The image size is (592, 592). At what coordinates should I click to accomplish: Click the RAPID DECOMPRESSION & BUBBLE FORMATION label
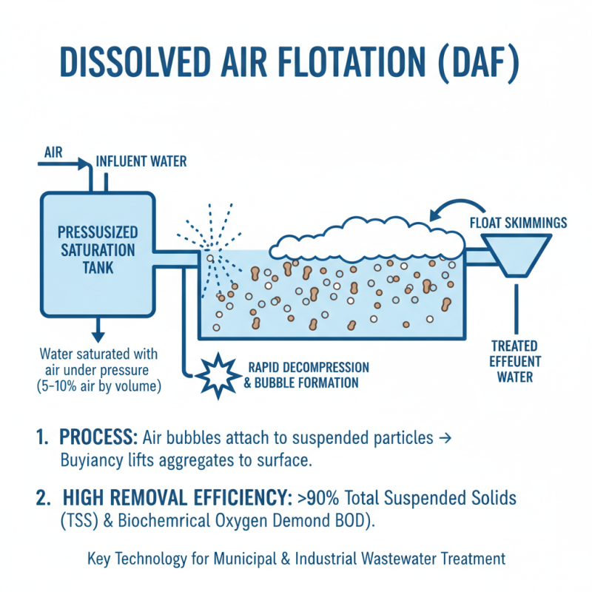(308, 375)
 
